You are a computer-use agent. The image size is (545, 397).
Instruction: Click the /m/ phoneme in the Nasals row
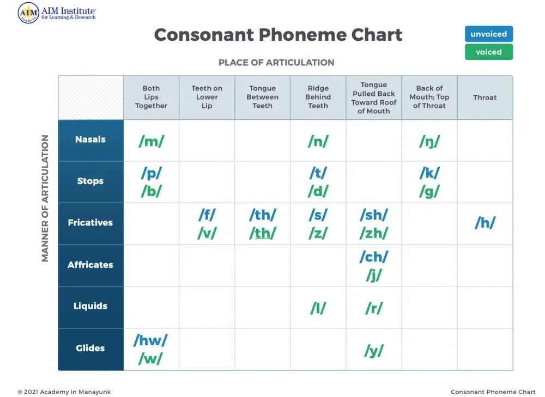click(x=151, y=142)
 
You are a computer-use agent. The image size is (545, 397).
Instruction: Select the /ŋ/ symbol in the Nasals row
click(x=429, y=142)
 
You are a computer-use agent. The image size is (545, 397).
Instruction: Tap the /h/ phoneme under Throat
click(x=485, y=223)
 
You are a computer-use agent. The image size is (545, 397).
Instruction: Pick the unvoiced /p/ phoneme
click(x=151, y=173)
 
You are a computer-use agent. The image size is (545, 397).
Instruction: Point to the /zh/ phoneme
click(x=373, y=233)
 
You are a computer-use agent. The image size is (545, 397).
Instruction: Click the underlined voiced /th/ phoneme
click(x=262, y=233)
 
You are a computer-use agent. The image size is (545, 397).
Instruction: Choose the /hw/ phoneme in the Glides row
click(x=150, y=341)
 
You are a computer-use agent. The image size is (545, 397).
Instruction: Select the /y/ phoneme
click(x=373, y=351)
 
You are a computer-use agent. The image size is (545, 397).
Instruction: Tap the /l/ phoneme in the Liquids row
click(x=318, y=308)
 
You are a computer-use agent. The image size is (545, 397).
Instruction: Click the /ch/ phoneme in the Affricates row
click(x=373, y=256)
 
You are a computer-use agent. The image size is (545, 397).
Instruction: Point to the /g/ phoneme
click(x=429, y=192)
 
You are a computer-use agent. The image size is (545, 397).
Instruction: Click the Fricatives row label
click(x=90, y=223)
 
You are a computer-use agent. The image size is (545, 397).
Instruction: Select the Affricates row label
click(x=90, y=265)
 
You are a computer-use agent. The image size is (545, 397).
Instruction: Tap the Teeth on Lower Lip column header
click(x=207, y=97)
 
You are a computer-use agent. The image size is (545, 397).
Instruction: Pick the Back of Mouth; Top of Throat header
click(x=429, y=97)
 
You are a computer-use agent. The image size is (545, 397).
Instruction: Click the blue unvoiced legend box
click(x=488, y=34)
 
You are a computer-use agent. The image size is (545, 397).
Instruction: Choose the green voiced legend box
click(x=488, y=52)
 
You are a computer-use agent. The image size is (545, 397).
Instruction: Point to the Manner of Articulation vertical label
click(x=45, y=198)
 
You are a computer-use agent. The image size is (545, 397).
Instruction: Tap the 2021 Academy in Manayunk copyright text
click(x=64, y=392)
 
